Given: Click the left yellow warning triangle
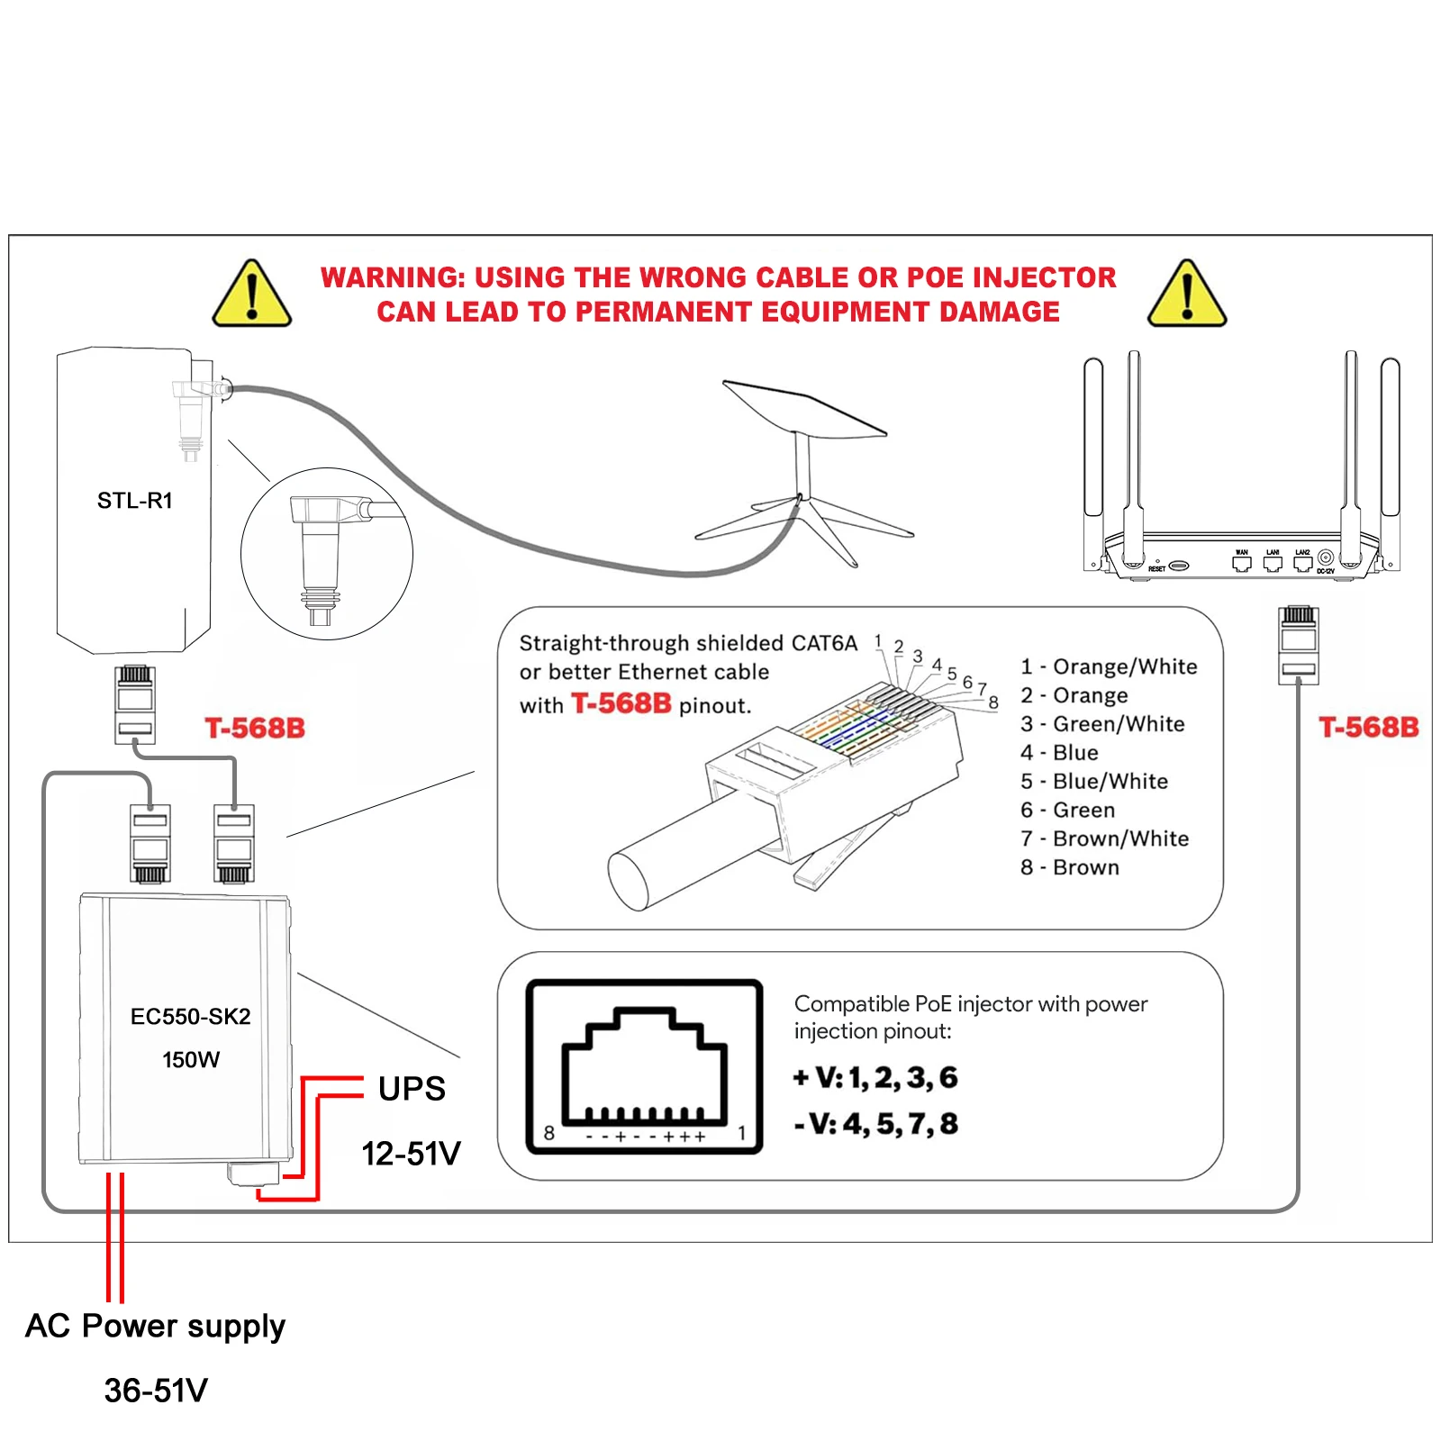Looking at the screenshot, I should [x=252, y=295].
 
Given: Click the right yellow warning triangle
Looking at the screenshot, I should [x=1187, y=295].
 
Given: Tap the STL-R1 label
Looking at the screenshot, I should [x=135, y=501].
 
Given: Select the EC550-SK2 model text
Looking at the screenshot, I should [x=190, y=1017].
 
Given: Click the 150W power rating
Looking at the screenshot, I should [x=190, y=1060].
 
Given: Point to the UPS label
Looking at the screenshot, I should [x=412, y=1089].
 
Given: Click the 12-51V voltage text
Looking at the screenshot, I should [x=411, y=1154].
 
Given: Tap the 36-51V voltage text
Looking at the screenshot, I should [x=156, y=1391].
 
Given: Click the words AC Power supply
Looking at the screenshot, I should [x=155, y=1327].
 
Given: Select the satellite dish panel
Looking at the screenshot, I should [x=804, y=411].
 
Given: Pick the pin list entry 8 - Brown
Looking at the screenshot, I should [x=1070, y=867].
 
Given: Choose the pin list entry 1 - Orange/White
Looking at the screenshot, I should [x=1109, y=666].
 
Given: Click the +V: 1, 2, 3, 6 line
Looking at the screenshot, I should [x=875, y=1078].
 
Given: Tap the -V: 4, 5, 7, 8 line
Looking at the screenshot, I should [x=876, y=1124].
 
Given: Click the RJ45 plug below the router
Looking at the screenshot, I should [x=1298, y=645].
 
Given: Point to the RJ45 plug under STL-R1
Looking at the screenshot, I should [x=135, y=704].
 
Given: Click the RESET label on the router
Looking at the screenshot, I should [x=1157, y=569].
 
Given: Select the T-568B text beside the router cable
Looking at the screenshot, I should [x=1368, y=728].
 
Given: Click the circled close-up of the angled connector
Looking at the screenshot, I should [x=327, y=554].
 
